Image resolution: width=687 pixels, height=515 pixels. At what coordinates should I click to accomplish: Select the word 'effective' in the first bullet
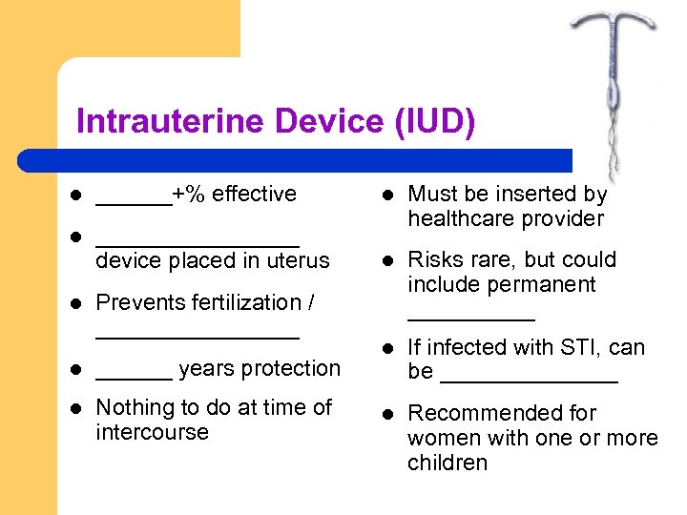pos(254,195)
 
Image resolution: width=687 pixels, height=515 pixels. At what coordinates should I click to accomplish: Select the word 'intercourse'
pos(152,432)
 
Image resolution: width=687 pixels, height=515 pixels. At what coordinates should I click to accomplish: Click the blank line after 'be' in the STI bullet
pos(529,381)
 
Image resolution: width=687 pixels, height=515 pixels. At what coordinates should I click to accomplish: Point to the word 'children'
pos(447,463)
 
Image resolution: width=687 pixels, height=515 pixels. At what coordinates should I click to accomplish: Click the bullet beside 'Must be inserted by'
pos(388,195)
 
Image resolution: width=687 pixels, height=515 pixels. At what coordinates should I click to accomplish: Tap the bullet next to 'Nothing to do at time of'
pos(76,408)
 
